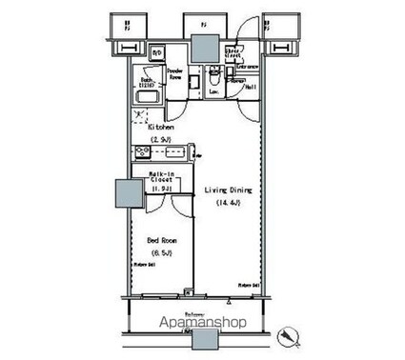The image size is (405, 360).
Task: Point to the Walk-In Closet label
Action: tap(159, 178)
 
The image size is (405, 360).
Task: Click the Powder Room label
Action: tap(175, 73)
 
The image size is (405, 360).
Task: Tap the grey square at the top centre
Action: tap(203, 48)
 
